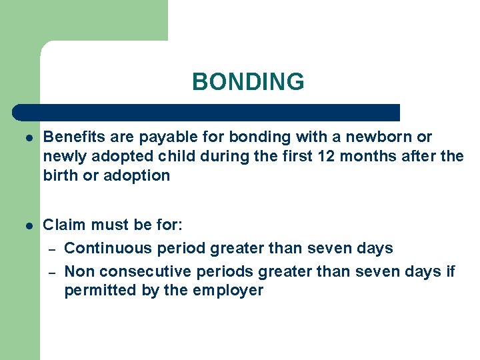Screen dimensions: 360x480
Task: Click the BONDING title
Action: click(248, 82)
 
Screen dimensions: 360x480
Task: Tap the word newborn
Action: click(382, 137)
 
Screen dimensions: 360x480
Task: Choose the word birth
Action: click(60, 176)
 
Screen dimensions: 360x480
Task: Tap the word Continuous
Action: click(107, 249)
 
